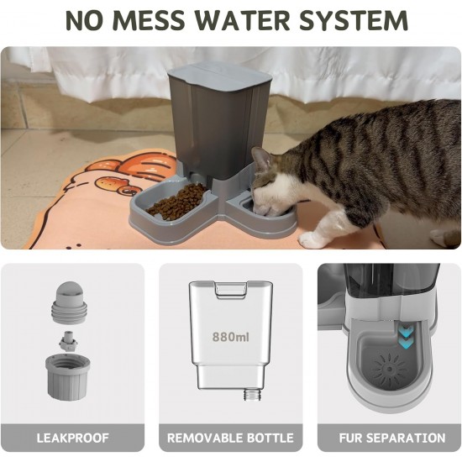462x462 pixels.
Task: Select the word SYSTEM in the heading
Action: pyautogui.click(x=354, y=20)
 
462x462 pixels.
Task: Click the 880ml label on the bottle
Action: pyautogui.click(x=231, y=337)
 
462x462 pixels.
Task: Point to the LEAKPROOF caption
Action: pyautogui.click(x=72, y=438)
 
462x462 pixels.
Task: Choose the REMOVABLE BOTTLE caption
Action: pyautogui.click(x=230, y=438)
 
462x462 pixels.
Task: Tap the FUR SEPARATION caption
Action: pyautogui.click(x=392, y=438)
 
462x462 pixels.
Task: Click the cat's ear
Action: pyautogui.click(x=261, y=159)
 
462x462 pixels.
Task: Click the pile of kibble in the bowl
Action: pyautogui.click(x=176, y=201)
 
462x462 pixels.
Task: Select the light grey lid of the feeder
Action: pyautogui.click(x=220, y=76)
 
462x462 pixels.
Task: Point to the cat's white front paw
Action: pyautogui.click(x=312, y=240)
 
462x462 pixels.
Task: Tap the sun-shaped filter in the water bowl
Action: pyautogui.click(x=389, y=368)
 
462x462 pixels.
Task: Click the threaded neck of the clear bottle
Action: pyautogui.click(x=253, y=394)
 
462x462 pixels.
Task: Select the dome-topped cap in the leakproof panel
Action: pyautogui.click(x=70, y=302)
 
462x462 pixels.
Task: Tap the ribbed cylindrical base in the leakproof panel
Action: pyautogui.click(x=67, y=377)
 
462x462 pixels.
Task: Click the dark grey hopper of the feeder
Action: pyautogui.click(x=219, y=129)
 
